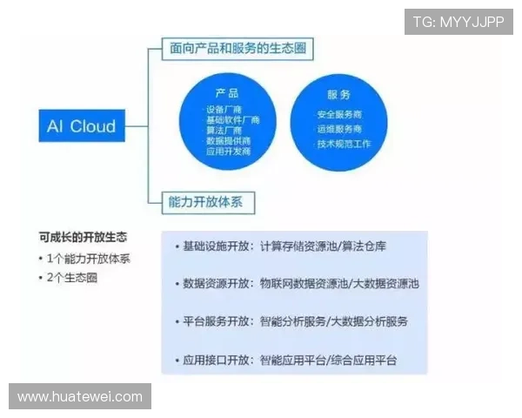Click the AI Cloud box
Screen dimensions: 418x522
point(80,127)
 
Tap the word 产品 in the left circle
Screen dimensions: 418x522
point(227,93)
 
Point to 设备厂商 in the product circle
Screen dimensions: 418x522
point(227,109)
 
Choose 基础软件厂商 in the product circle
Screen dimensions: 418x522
point(227,119)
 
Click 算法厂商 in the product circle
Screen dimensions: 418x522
point(227,130)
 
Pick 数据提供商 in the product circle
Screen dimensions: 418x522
point(227,140)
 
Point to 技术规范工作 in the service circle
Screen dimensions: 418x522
point(343,144)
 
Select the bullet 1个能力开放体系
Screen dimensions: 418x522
point(85,258)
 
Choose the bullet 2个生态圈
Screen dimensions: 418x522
point(73,278)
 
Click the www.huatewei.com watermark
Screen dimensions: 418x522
point(80,397)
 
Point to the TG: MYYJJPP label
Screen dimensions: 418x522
point(458,21)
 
